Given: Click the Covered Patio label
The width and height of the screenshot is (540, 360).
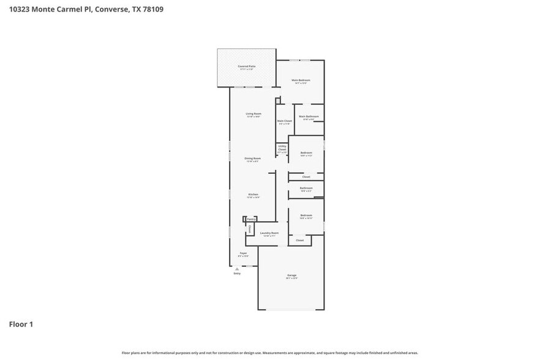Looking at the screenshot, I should click(246, 66).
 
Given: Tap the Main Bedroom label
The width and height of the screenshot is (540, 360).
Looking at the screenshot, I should click(300, 80).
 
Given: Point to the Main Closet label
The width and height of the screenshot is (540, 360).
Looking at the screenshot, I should click(284, 121).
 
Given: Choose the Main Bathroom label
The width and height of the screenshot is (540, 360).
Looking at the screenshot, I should click(309, 116).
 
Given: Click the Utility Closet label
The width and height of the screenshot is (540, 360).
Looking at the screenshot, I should click(282, 148).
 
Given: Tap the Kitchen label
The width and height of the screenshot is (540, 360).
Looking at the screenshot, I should click(253, 194).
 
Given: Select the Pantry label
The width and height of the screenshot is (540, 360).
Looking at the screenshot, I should click(251, 219).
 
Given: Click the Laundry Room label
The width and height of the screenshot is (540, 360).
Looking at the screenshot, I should click(270, 233).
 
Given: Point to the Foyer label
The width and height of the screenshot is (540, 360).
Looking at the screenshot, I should click(243, 253).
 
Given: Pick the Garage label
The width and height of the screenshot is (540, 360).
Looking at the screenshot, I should click(291, 276).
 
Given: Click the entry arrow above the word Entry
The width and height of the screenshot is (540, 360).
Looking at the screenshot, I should click(237, 268).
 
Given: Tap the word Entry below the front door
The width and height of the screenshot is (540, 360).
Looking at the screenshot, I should click(237, 273).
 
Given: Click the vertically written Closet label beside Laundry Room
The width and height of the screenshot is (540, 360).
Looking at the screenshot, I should click(250, 229).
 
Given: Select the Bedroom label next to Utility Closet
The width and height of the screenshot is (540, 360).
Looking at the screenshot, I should click(306, 152).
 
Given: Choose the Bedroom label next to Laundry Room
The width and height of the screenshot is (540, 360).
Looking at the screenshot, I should click(306, 215).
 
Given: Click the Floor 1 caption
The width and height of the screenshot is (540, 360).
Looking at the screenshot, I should click(21, 324).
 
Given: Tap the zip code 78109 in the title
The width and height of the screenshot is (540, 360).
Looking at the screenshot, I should click(152, 9).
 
